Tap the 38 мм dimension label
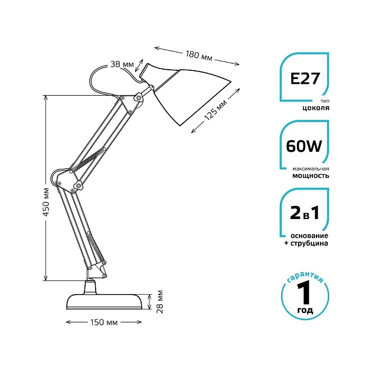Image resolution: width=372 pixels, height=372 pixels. (x=122, y=64)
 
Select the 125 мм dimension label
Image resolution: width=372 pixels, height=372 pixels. (x=216, y=109)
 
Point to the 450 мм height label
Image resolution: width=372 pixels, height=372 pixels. (x=47, y=202)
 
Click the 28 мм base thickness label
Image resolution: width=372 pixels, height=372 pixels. (x=161, y=302)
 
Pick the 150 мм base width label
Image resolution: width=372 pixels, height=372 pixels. (x=104, y=322)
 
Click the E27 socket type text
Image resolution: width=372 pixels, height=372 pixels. (x=305, y=79)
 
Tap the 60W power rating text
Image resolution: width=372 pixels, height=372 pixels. (x=304, y=146)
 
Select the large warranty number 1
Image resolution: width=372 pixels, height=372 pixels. (x=304, y=292)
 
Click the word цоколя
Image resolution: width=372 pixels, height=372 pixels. (x=315, y=108)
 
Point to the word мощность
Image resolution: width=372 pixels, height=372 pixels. (x=311, y=176)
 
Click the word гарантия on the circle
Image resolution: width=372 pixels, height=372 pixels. (x=305, y=276)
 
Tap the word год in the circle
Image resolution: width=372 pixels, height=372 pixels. (x=305, y=311)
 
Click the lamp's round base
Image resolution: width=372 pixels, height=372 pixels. (x=105, y=301)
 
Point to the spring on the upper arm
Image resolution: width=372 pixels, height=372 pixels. (x=88, y=158)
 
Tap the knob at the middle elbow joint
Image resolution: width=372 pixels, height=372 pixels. (x=78, y=184)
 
